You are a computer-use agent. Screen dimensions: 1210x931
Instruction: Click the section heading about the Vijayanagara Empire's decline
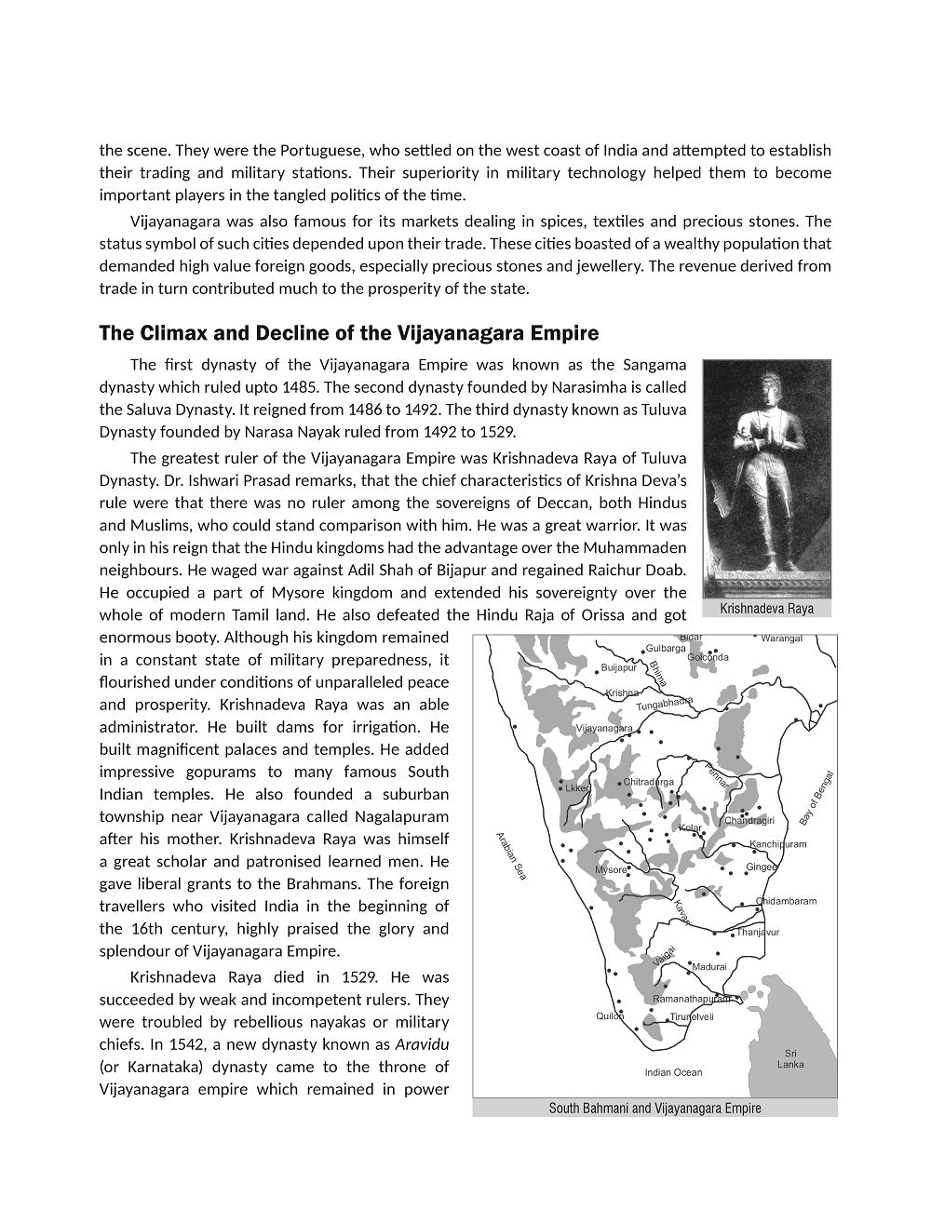pyautogui.click(x=348, y=333)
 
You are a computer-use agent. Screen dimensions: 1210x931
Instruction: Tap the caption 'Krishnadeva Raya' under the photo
pyautogui.click(x=766, y=609)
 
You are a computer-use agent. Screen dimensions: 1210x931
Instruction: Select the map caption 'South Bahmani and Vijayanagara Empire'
pyautogui.click(x=654, y=1108)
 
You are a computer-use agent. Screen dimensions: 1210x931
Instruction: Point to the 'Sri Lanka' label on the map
pyautogui.click(x=790, y=1058)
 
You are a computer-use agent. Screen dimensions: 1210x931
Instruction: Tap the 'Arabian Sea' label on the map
pyautogui.click(x=511, y=856)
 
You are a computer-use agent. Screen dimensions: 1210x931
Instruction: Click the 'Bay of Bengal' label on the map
pyautogui.click(x=816, y=798)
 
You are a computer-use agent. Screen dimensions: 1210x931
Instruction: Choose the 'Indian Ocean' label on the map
pyautogui.click(x=673, y=1072)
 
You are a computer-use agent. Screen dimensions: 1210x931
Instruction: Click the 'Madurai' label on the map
pyautogui.click(x=709, y=967)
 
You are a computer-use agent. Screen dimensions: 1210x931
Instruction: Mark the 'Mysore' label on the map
pyautogui.click(x=611, y=870)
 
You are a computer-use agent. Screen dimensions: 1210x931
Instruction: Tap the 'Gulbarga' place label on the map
pyautogui.click(x=666, y=648)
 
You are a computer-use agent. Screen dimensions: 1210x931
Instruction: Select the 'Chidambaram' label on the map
pyautogui.click(x=787, y=901)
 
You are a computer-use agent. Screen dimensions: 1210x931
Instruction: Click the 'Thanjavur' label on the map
pyautogui.click(x=758, y=932)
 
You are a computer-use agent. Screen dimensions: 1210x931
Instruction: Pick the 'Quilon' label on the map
pyautogui.click(x=610, y=1015)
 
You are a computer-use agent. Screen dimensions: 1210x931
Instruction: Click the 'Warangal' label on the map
pyautogui.click(x=781, y=639)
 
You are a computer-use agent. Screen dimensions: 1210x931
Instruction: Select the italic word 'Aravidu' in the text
pyautogui.click(x=422, y=1044)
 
